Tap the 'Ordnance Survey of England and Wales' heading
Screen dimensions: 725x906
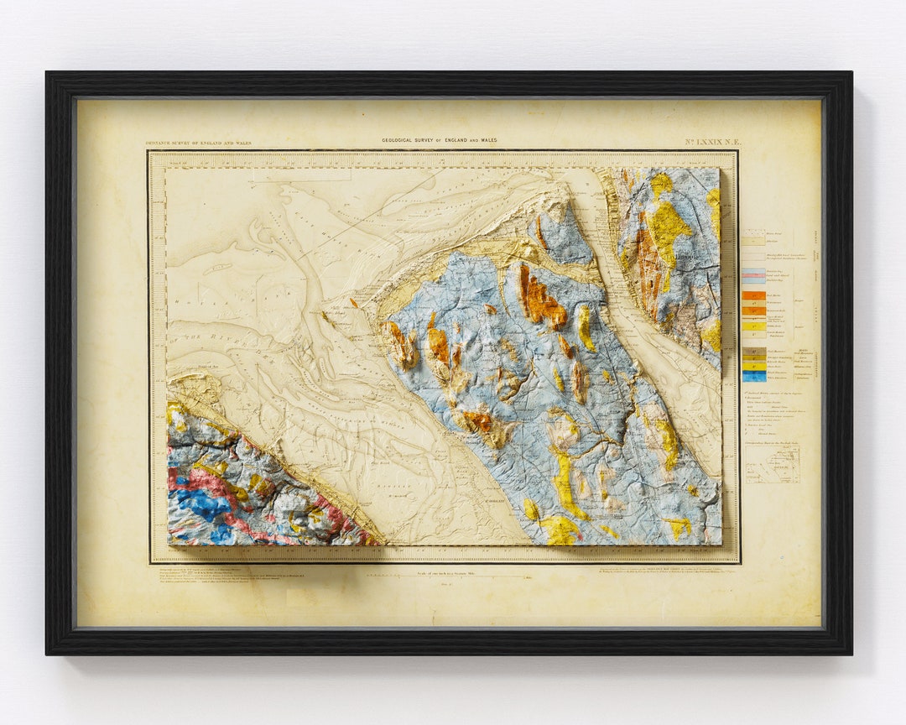click(x=198, y=143)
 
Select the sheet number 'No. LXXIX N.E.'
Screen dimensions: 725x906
click(x=711, y=143)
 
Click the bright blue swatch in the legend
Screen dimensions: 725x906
click(x=752, y=377)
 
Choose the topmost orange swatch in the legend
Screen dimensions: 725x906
click(x=752, y=295)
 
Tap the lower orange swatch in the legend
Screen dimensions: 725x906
click(x=752, y=310)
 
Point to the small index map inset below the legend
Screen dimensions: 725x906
click(x=773, y=464)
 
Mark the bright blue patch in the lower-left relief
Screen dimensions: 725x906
click(x=201, y=503)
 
